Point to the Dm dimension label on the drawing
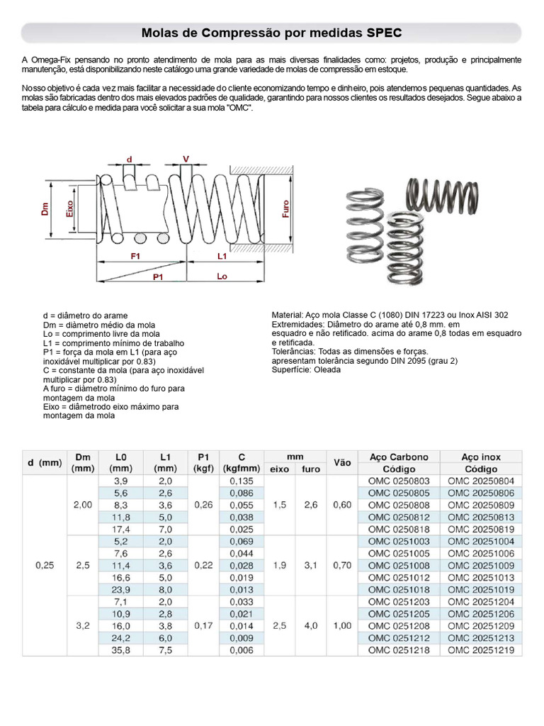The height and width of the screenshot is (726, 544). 45,208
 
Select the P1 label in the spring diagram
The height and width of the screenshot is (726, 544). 159,277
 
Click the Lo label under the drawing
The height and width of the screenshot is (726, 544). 222,277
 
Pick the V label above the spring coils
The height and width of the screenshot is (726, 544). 186,159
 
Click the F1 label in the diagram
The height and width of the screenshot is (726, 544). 135,256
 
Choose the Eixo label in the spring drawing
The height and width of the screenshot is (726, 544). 69,208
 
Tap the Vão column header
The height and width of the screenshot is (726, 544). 341,462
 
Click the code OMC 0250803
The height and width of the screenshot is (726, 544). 398,481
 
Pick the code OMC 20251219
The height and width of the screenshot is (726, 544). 480,649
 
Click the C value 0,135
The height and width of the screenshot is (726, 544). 242,481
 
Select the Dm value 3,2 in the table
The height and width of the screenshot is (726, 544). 82,625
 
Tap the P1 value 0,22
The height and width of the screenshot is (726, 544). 203,565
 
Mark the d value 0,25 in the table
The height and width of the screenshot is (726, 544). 44,565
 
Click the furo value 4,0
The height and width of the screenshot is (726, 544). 311,625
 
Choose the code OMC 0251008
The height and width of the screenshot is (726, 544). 398,565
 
